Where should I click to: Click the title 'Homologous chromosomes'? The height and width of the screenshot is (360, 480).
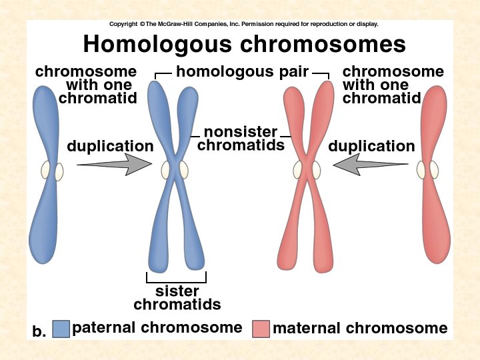pyautogui.click(x=244, y=45)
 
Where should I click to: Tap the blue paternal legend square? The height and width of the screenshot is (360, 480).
pyautogui.click(x=61, y=329)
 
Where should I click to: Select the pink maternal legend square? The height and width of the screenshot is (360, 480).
pyautogui.click(x=261, y=329)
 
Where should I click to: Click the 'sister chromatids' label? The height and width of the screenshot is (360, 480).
pyautogui.click(x=177, y=298)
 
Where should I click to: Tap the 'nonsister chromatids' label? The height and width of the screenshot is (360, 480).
pyautogui.click(x=241, y=139)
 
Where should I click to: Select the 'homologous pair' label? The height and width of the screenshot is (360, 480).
pyautogui.click(x=242, y=72)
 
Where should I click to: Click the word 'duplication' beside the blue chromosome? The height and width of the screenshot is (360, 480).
pyautogui.click(x=110, y=146)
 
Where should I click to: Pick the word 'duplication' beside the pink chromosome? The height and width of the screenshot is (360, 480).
pyautogui.click(x=371, y=146)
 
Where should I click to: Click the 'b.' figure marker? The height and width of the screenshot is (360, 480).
pyautogui.click(x=39, y=331)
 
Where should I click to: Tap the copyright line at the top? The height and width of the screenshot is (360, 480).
pyautogui.click(x=244, y=24)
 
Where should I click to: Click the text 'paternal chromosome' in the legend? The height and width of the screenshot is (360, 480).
pyautogui.click(x=157, y=327)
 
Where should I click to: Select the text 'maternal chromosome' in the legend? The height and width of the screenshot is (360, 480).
pyautogui.click(x=360, y=328)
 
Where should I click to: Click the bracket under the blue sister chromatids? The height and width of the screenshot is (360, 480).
pyautogui.click(x=176, y=281)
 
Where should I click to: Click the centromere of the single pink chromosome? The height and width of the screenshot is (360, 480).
pyautogui.click(x=427, y=170)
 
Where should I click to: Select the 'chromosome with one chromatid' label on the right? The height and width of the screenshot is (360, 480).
pyautogui.click(x=392, y=85)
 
